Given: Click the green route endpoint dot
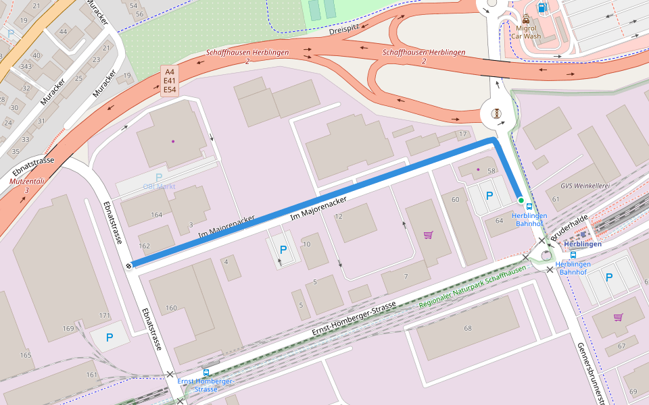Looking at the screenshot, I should (521, 200).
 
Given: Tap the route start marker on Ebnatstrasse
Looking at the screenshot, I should (128, 265).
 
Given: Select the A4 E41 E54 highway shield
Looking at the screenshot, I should (169, 80).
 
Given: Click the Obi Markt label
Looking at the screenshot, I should (158, 186).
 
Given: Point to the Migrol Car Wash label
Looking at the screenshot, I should (527, 32).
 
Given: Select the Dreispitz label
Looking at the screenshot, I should (345, 30).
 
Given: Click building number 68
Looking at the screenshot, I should (467, 328).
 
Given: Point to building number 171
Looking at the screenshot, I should (104, 316).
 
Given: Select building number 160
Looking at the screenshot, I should (171, 308).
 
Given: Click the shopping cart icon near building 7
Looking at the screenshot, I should (428, 235).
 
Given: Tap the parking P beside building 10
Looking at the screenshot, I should (283, 249).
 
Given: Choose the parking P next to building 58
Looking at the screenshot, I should (489, 196).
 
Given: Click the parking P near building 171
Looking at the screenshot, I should (109, 336).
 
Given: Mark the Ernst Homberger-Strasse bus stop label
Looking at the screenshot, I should (206, 385).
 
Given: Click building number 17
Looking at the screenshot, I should (462, 134).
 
